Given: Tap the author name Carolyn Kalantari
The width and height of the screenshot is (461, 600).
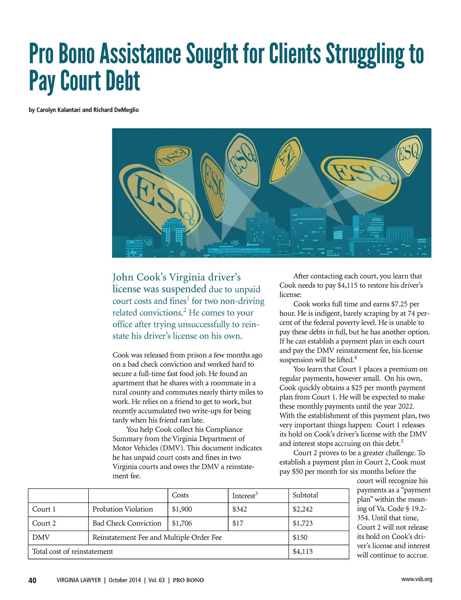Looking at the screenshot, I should tap(58, 110).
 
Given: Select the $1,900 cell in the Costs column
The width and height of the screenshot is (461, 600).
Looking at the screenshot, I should tap(182, 509).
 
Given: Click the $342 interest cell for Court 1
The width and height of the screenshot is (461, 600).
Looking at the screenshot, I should tap(240, 509).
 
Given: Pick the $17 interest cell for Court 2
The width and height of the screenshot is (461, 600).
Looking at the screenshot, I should tap(238, 523).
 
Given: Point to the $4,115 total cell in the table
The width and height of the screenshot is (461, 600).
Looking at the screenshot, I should tap(303, 552).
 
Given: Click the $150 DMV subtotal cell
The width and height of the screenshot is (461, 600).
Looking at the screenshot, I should tap(300, 537).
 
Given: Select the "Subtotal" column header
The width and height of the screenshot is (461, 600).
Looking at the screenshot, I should tap(305, 495).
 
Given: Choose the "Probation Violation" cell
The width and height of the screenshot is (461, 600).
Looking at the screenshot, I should tap(123, 509).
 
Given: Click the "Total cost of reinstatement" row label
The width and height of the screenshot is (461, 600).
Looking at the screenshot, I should tap(73, 552).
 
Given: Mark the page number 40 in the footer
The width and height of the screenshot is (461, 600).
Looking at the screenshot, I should tap(33, 580).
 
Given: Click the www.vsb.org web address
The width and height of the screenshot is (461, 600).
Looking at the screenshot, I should tap(416, 579).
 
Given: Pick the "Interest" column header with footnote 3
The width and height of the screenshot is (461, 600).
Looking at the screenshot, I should tap(245, 496).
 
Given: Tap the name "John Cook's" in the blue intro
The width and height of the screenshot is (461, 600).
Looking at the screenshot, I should tap(139, 277).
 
